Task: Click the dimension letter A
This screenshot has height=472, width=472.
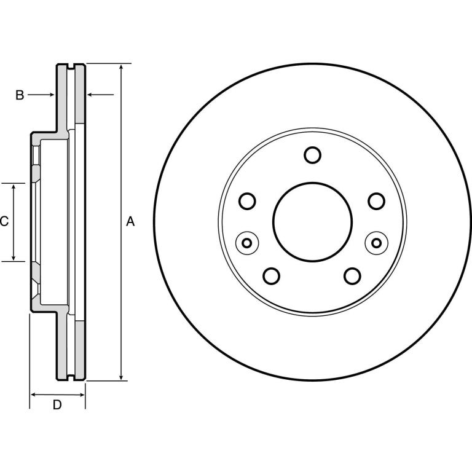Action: [x=130, y=221]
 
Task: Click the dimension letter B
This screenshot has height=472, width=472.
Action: [x=20, y=95]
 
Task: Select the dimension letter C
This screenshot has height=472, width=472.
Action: [x=4, y=221]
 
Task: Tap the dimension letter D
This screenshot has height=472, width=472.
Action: [x=57, y=405]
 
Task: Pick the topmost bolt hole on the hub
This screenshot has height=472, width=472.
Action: [x=312, y=155]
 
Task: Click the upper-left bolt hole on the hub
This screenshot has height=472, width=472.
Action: [x=247, y=201]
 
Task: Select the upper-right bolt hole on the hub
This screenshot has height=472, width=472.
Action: [x=377, y=201]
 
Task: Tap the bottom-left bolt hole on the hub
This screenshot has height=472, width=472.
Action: [x=271, y=276]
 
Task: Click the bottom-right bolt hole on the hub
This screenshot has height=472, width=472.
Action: [x=352, y=276]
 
